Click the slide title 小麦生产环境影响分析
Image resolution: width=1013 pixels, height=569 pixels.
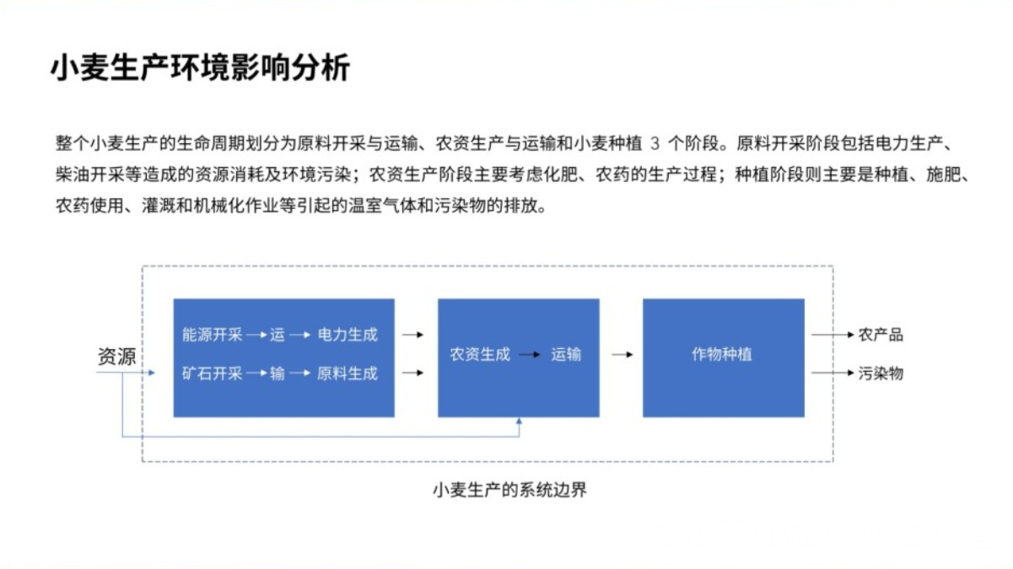pyautogui.click(x=201, y=67)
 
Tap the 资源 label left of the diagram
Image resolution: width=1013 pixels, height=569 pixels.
pyautogui.click(x=116, y=356)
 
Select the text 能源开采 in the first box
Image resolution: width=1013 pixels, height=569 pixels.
pyautogui.click(x=212, y=335)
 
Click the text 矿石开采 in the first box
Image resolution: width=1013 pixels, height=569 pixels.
pyautogui.click(x=212, y=373)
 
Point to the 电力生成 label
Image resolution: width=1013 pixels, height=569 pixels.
pyautogui.click(x=348, y=335)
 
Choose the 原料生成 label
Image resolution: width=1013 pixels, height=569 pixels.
pyautogui.click(x=348, y=373)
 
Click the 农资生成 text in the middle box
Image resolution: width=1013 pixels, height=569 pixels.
pyautogui.click(x=480, y=354)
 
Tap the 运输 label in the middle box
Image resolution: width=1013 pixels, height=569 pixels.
pyautogui.click(x=566, y=354)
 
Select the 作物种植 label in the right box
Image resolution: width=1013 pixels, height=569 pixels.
pyautogui.click(x=722, y=354)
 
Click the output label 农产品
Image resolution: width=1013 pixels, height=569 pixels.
pyautogui.click(x=881, y=335)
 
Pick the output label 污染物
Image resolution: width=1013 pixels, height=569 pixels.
pyautogui.click(x=881, y=373)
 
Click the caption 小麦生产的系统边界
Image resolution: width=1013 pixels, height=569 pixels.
pyautogui.click(x=509, y=490)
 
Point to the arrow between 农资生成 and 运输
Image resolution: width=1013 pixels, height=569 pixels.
pyautogui.click(x=530, y=355)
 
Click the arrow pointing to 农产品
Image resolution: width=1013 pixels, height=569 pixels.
pyautogui.click(x=832, y=335)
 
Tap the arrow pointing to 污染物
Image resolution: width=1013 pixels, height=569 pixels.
pyautogui.click(x=832, y=373)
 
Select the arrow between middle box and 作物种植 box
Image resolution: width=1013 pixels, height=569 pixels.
pyautogui.click(x=622, y=355)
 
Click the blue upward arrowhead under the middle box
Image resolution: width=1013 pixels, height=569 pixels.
pyautogui.click(x=520, y=421)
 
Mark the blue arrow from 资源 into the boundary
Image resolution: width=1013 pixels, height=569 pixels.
pyautogui.click(x=126, y=373)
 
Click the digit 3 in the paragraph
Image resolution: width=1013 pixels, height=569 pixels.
pyautogui.click(x=655, y=143)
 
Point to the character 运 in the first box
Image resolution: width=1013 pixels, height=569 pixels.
pyautogui.click(x=277, y=335)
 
